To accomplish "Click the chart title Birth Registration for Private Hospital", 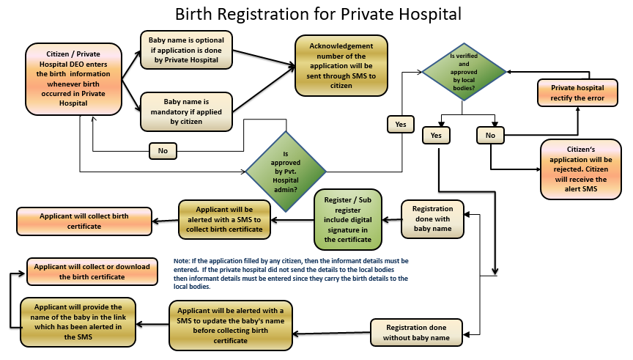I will [x=317, y=14].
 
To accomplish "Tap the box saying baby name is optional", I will [x=186, y=50].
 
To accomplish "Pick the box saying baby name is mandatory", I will [x=186, y=111].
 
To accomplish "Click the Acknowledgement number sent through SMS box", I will [x=341, y=66].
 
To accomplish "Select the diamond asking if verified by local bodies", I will [x=463, y=72].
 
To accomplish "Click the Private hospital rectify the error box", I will [x=577, y=93].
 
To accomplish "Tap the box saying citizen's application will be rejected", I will [x=577, y=169].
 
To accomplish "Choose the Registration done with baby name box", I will [x=432, y=219].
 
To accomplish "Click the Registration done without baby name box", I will [x=417, y=331].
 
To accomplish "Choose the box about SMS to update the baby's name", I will [x=231, y=325].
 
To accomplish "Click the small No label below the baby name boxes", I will [x=163, y=151].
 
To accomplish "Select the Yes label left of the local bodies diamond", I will [x=400, y=125].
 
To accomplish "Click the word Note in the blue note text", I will [x=182, y=261].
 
